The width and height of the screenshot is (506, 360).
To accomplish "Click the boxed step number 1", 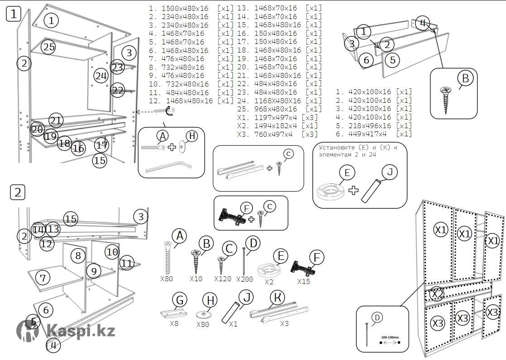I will click(14, 14).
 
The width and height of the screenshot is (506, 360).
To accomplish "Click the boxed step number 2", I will click(18, 192).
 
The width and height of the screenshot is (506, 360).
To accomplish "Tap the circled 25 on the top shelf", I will click(48, 47).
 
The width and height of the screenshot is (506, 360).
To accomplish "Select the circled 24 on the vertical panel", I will click(101, 76).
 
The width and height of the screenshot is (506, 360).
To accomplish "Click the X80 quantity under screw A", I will click(167, 279).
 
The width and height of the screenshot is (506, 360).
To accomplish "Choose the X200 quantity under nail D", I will click(245, 279).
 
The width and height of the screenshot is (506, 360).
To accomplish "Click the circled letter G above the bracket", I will click(180, 300).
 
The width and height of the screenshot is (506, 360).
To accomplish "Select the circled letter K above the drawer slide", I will click(277, 298).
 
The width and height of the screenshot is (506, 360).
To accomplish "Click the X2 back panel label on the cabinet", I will click(437, 294).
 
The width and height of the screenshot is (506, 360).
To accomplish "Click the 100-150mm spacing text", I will click(390, 337).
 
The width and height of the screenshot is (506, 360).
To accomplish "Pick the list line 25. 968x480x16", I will click(279, 109).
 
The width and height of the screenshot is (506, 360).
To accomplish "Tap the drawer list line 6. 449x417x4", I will click(374, 134).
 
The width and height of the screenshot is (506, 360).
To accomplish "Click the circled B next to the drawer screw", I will click(465, 79).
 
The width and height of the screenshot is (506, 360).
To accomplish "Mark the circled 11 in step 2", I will click(127, 262).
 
